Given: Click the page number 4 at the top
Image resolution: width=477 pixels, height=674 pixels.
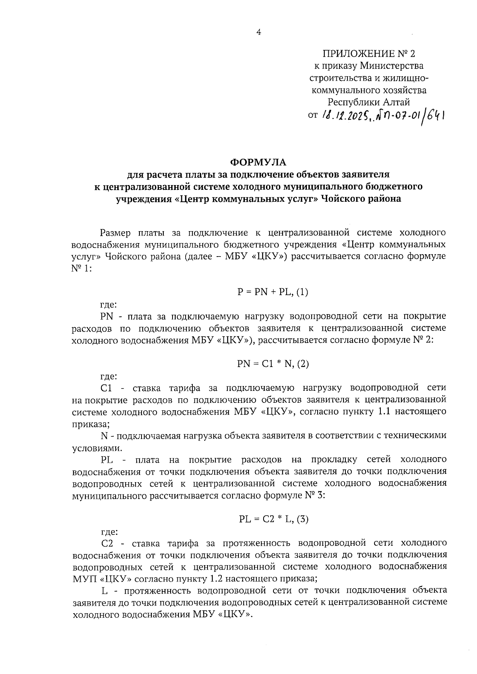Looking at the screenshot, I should point(259,33).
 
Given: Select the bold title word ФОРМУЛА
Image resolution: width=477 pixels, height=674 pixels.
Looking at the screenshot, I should point(258,162).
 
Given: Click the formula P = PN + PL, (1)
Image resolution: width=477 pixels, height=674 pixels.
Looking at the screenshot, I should point(273,292).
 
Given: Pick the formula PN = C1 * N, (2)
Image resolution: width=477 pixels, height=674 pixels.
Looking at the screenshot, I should point(273,364).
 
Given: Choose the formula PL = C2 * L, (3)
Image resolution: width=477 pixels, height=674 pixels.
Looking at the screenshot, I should point(274,519).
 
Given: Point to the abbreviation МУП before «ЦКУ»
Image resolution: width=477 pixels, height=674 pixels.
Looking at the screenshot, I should point(83,579).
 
